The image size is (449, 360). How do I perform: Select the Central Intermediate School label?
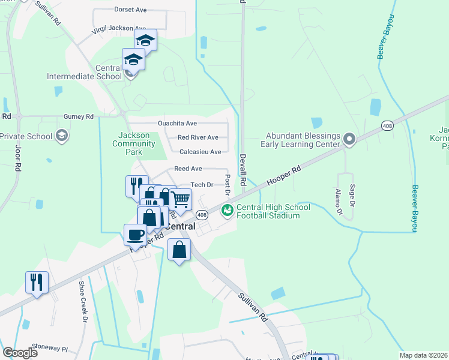(84, 72)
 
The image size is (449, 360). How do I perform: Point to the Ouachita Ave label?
(177, 124)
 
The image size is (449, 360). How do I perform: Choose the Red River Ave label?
(197, 137)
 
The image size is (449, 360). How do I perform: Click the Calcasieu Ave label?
(200, 152)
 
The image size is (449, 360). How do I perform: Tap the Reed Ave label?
(188, 169)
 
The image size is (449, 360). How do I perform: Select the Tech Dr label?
(202, 185)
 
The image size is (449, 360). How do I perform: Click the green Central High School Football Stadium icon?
(228, 210)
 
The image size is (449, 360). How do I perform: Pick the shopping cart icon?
(180, 198)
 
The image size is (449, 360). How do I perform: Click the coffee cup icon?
(135, 234)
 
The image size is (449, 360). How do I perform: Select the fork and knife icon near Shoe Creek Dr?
(37, 281)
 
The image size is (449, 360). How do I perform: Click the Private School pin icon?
(61, 136)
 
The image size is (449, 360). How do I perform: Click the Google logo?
(20, 352)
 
